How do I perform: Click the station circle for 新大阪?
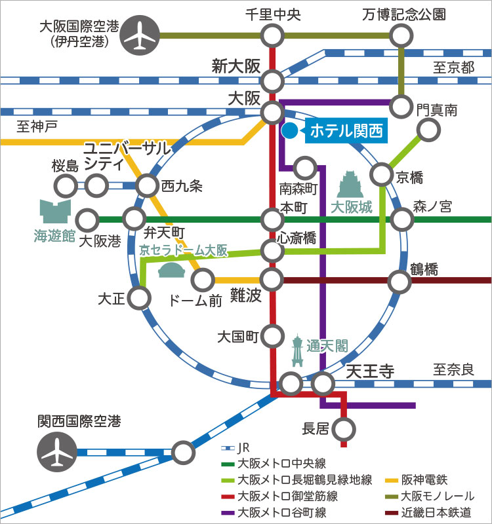[272, 81]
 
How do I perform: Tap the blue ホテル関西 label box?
[344, 130]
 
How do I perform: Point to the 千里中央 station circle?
[272, 35]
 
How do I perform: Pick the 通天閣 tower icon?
[298, 350]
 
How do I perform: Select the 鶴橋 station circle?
[400, 281]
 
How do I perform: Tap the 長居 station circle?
[343, 430]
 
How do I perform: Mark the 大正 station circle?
[139, 298]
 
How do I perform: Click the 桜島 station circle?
[66, 186]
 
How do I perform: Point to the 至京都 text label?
[453, 67]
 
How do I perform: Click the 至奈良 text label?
[453, 369]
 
